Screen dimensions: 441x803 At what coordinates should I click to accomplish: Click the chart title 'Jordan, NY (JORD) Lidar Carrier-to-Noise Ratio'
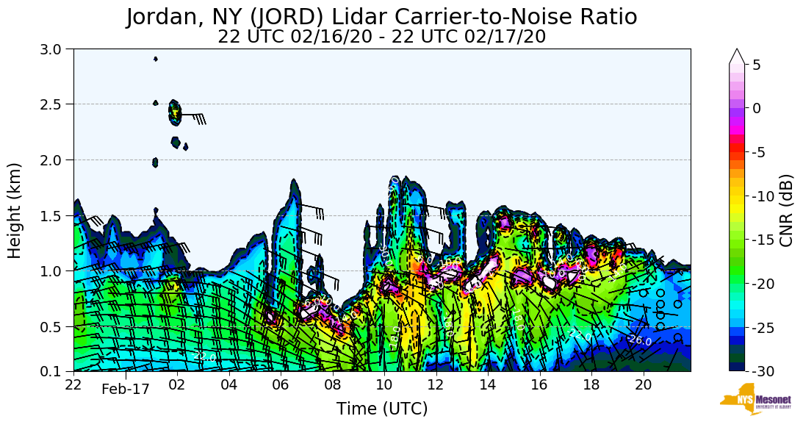[x=381, y=17]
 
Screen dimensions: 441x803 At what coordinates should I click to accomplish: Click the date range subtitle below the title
[x=381, y=37]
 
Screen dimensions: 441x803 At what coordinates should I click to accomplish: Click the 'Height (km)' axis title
[x=15, y=210]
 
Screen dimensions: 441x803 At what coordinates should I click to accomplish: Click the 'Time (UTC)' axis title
[x=381, y=409]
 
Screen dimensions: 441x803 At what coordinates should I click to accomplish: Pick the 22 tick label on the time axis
[x=73, y=385]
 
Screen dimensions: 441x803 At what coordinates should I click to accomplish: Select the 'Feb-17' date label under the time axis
[x=125, y=390]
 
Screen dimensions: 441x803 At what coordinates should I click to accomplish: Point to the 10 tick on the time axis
[x=384, y=385]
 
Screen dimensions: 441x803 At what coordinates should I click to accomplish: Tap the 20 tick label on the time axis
[x=644, y=385]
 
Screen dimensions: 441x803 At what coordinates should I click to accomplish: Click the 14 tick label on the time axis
[x=488, y=385]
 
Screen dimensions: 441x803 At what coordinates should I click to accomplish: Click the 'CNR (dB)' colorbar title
[x=786, y=210]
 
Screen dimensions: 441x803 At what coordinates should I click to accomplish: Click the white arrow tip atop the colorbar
[x=737, y=56]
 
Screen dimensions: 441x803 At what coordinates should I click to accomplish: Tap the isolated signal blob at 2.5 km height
[x=175, y=112]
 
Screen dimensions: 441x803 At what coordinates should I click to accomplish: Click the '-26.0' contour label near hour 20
[x=639, y=340]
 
